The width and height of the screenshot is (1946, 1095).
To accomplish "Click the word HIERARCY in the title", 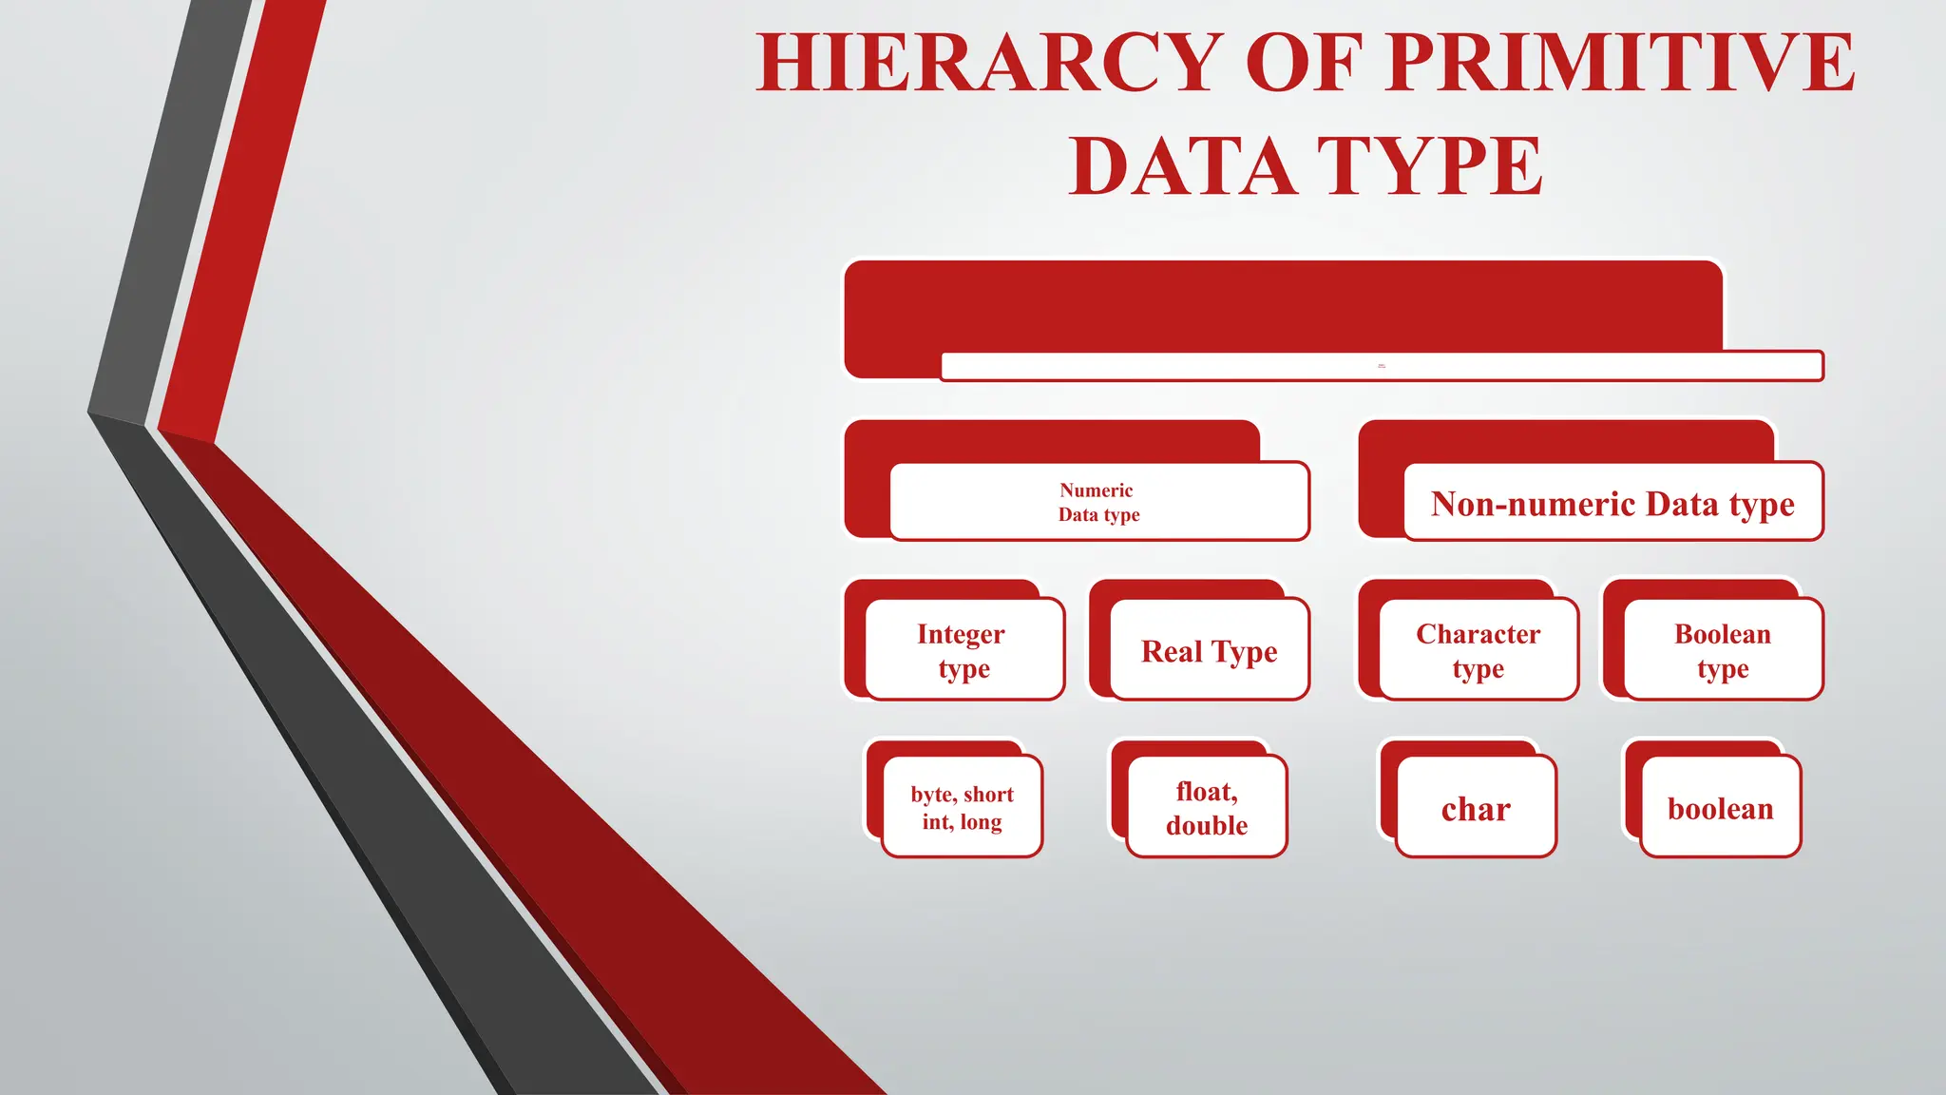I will click(x=989, y=63).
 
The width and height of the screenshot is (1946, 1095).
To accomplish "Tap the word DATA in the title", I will click(x=1183, y=166).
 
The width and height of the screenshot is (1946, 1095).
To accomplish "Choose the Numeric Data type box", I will click(x=1098, y=502).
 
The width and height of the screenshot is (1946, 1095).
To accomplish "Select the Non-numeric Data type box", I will click(x=1612, y=502).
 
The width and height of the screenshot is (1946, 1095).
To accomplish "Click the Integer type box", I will click(x=963, y=650).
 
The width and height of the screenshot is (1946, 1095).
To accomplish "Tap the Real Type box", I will click(x=1209, y=650).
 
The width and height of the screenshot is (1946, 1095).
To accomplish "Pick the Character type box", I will click(x=1478, y=650).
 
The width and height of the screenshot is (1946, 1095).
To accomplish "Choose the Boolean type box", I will click(x=1723, y=650).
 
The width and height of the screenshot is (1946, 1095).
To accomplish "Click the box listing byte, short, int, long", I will click(x=962, y=807).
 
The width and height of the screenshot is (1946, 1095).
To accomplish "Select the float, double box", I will click(x=1207, y=807).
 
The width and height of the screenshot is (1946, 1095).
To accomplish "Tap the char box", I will click(x=1476, y=807).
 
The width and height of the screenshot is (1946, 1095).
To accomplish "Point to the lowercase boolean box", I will click(x=1721, y=807).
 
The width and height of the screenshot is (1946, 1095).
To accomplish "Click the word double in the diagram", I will click(x=1207, y=825).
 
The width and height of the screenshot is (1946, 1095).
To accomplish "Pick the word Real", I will click(x=1173, y=652).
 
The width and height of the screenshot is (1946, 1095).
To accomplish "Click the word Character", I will click(x=1478, y=634).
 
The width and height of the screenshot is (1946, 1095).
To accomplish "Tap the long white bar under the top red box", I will click(x=1382, y=366).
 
